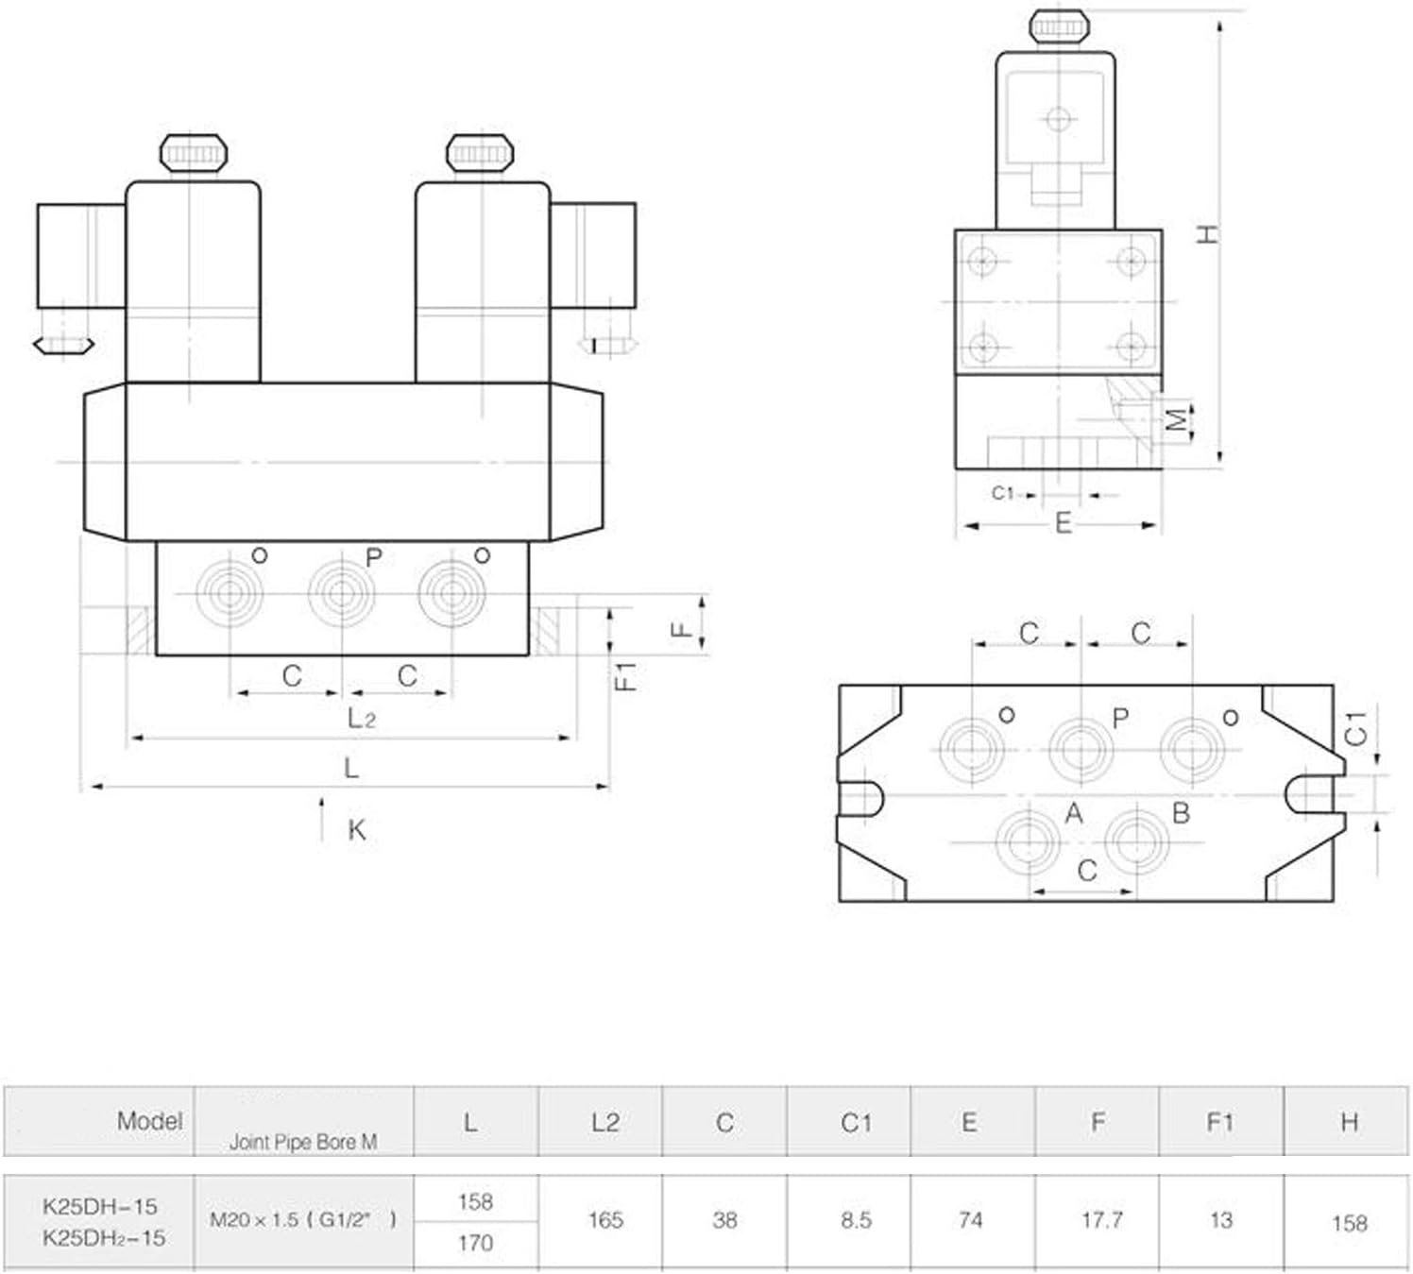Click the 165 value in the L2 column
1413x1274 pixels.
(x=604, y=1219)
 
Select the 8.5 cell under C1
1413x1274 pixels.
(x=856, y=1219)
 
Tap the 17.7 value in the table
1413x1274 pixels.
(x=1101, y=1219)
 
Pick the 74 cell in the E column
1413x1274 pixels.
(x=970, y=1219)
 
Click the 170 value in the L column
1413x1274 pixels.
(x=475, y=1242)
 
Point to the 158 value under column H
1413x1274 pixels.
(x=1349, y=1223)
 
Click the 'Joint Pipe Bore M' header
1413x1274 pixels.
(x=303, y=1142)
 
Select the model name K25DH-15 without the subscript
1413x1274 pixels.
(x=100, y=1206)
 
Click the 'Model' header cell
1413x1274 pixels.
(x=149, y=1121)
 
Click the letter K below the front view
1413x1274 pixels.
(x=356, y=830)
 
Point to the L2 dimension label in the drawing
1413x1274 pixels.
(x=362, y=719)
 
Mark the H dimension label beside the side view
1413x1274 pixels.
(x=1208, y=233)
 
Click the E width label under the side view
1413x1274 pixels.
(x=1063, y=523)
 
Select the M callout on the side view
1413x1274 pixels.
(x=1176, y=419)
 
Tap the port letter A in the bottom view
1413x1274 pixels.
(x=1073, y=813)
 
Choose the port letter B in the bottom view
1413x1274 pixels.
(x=1181, y=813)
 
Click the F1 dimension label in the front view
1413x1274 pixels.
(x=625, y=676)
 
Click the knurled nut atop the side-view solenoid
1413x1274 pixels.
(x=1059, y=25)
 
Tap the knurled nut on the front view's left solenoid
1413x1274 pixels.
(x=194, y=152)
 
